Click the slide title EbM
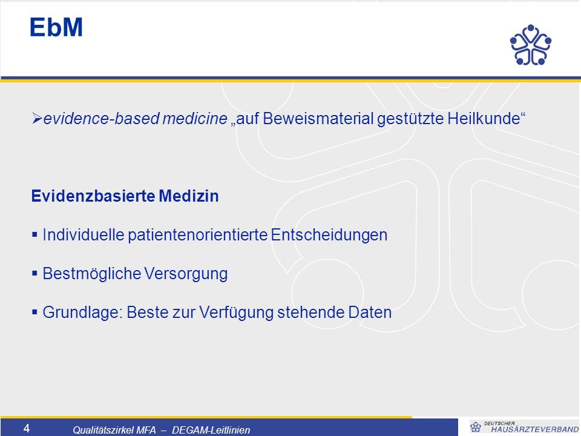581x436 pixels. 56,27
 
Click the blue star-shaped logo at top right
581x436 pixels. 531,45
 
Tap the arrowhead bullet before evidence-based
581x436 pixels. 37,119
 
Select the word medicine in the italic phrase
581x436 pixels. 194,119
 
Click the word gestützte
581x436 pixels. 410,119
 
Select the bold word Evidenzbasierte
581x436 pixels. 93,196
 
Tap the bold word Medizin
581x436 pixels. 189,196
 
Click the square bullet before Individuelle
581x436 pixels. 35,234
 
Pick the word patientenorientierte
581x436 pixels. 197,235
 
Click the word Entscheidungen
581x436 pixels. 329,235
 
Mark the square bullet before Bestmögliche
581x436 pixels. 35,273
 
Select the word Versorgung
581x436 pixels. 186,274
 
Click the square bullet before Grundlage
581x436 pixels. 35,312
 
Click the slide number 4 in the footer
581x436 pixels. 27,428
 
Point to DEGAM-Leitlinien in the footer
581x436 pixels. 211,430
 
